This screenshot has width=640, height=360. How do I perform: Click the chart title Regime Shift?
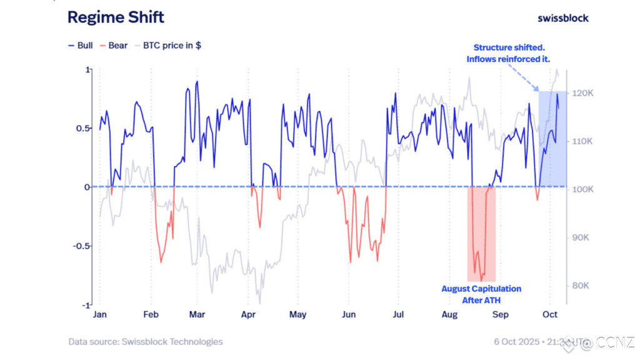(116, 17)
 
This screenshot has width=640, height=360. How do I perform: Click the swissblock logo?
(562, 18)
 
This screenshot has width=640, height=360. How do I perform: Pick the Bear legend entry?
(113, 46)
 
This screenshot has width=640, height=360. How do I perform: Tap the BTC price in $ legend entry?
(167, 46)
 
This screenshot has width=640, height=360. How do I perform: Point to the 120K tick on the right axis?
(584, 93)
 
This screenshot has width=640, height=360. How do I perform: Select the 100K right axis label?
(584, 189)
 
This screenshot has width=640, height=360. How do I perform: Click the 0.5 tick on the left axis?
(82, 128)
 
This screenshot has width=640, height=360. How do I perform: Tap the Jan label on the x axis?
(99, 314)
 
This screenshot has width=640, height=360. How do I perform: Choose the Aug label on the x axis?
(449, 314)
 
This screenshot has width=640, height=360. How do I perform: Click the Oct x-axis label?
(550, 314)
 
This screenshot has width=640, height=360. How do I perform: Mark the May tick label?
(297, 314)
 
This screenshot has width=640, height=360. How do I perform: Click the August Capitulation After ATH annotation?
(481, 294)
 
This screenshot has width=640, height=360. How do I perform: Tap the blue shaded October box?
(553, 139)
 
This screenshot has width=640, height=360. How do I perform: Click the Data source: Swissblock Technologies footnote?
(146, 342)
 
